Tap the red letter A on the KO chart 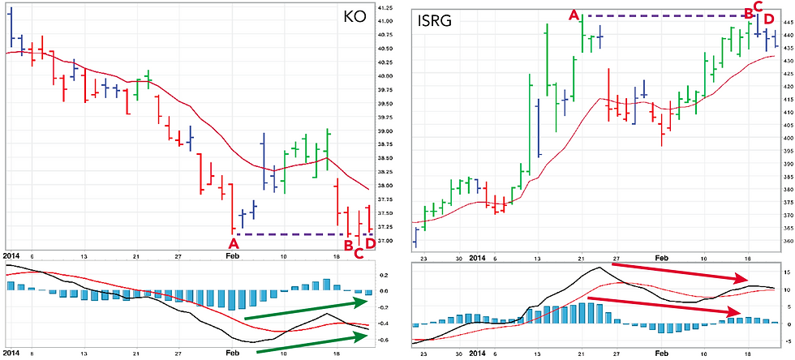click(234, 243)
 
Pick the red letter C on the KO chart click(359, 255)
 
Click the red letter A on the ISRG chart click(574, 15)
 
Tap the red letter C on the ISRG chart click(758, 6)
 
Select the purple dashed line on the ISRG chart click(665, 15)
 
